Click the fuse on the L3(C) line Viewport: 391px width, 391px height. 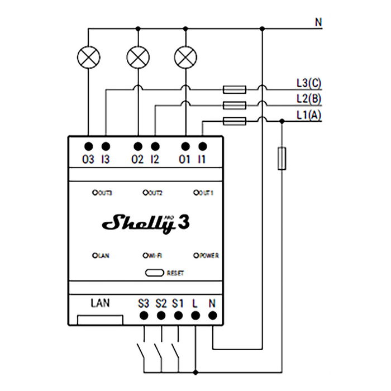[234, 88]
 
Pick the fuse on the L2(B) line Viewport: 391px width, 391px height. [234, 104]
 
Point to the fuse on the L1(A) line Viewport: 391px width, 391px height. [234, 121]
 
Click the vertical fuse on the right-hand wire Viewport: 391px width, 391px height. [283, 158]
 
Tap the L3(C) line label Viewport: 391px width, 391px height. [309, 84]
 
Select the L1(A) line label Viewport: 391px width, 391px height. [309, 115]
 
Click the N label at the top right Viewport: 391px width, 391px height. [318, 22]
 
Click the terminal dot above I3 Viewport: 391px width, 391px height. [106, 146]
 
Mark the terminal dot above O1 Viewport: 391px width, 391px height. [185, 146]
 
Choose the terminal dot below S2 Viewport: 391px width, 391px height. [161, 316]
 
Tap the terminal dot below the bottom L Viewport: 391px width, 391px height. [195, 316]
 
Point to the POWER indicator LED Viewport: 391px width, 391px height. [196, 255]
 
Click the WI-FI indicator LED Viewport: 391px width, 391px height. [145, 255]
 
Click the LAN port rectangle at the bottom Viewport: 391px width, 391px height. [100, 320]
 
